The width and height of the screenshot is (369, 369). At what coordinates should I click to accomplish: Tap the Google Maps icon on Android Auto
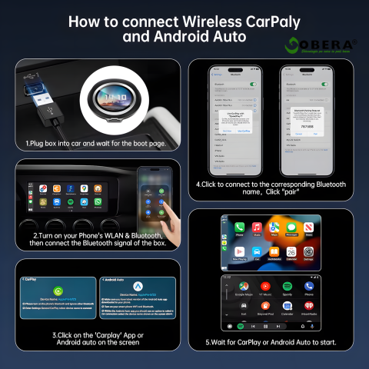pyautogui.click(x=244, y=286)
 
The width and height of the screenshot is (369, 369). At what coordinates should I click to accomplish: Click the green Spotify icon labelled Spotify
pyautogui.click(x=287, y=286)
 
